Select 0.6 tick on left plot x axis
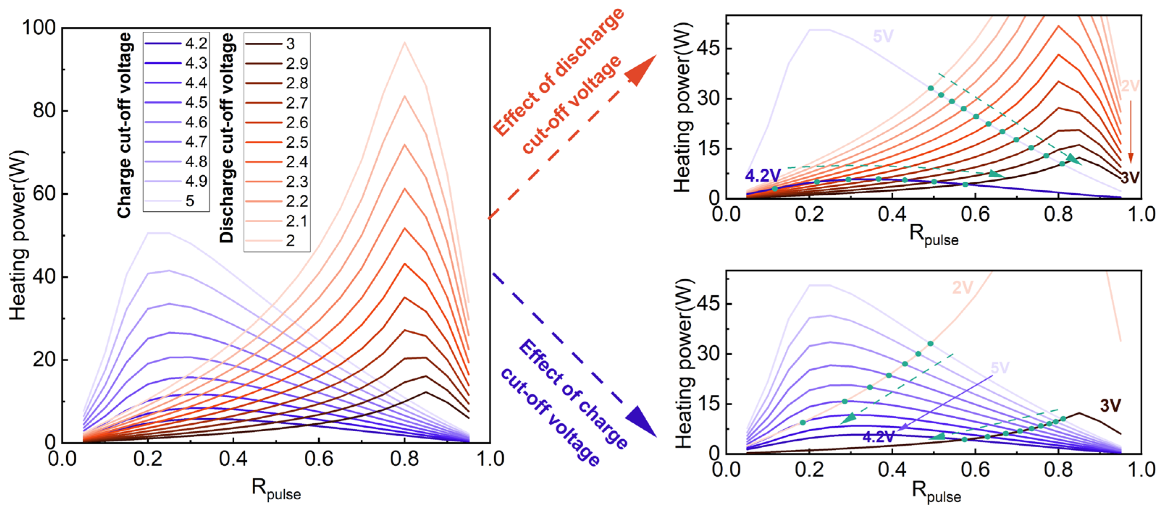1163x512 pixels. pos(319,459)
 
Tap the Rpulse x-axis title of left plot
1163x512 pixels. pos(276,490)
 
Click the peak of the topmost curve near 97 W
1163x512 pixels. pos(404,43)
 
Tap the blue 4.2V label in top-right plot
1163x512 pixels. pos(763,175)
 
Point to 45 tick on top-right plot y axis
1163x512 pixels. pos(708,49)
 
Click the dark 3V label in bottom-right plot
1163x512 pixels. pos(1110,406)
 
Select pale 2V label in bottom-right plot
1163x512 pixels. pos(962,288)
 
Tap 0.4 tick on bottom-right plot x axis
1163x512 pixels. pos(892,470)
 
